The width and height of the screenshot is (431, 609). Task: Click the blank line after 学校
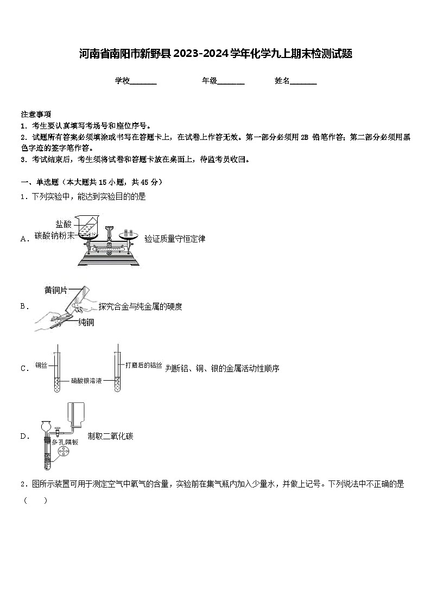[x=144, y=82]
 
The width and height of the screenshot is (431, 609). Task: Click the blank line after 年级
[x=231, y=82]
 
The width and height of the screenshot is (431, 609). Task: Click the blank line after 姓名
[x=304, y=82]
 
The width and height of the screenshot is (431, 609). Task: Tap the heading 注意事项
[x=36, y=114]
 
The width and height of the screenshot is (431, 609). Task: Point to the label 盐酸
[x=63, y=224]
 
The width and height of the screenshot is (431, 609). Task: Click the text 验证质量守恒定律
[x=175, y=239]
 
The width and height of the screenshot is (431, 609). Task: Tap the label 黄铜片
[x=56, y=291]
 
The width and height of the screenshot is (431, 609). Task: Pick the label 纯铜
[x=86, y=323]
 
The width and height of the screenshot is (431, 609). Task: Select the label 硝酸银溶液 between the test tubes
[x=86, y=381]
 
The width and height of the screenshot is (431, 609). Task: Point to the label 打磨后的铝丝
[x=143, y=366]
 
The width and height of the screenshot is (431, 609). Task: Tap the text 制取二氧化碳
[x=110, y=436]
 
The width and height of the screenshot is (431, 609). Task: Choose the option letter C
[x=24, y=369]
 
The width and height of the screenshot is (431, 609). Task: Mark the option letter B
[x=24, y=306]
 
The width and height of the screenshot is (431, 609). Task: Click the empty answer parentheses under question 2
[x=35, y=500]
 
